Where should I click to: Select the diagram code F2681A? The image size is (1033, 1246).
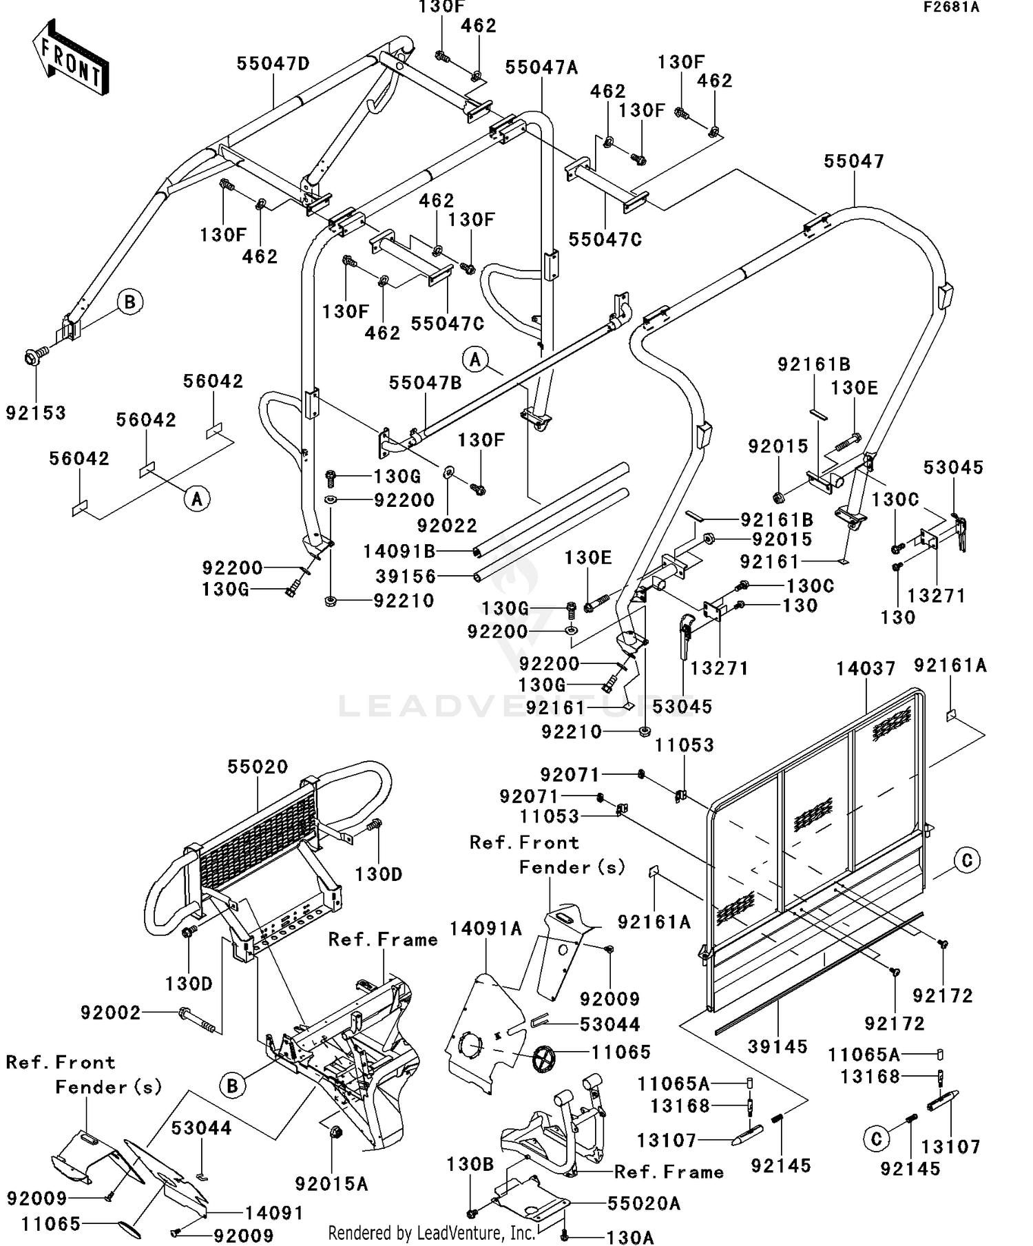click(950, 8)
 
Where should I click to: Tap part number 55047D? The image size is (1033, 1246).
click(273, 63)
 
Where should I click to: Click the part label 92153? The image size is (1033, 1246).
click(36, 413)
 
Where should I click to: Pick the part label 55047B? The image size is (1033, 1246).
click(425, 383)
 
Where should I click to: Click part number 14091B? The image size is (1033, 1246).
click(399, 551)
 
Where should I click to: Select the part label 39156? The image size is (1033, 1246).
click(406, 576)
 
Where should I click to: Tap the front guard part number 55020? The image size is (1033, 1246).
click(258, 767)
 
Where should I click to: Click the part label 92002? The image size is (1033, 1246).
click(110, 1013)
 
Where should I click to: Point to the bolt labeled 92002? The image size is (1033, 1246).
click(198, 1020)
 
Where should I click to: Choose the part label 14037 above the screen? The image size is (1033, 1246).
click(866, 668)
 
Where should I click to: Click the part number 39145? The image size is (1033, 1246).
click(778, 1046)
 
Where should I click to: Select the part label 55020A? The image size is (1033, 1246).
click(643, 1203)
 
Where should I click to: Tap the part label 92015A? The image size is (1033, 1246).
click(331, 1183)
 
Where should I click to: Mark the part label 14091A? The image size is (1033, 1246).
click(486, 929)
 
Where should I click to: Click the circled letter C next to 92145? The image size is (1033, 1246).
click(876, 1139)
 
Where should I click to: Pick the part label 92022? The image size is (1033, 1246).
click(447, 526)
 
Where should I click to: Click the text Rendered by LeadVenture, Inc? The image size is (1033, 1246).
click(431, 1232)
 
